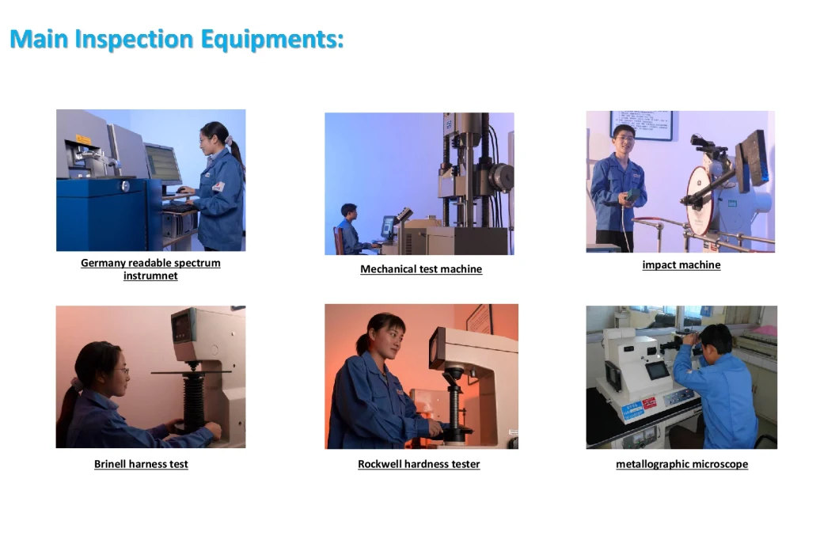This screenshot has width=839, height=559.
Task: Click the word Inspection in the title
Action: pos(134,40)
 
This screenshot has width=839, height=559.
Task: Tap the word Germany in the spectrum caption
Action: pos(103,263)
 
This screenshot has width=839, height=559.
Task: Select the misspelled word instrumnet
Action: pos(150,276)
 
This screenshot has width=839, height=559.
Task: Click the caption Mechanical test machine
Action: pos(421,268)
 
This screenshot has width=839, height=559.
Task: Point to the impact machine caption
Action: pos(681,264)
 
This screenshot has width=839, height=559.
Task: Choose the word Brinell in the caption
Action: pos(110,464)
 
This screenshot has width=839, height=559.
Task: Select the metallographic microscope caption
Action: pos(681,464)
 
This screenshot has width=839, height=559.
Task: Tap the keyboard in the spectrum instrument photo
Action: pos(179,207)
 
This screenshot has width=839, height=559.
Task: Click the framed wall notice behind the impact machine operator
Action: pos(642,125)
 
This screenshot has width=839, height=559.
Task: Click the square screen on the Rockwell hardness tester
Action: pos(437,348)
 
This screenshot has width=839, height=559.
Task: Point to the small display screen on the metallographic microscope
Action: pos(657,370)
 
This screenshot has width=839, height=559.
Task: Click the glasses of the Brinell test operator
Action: pos(123,370)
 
